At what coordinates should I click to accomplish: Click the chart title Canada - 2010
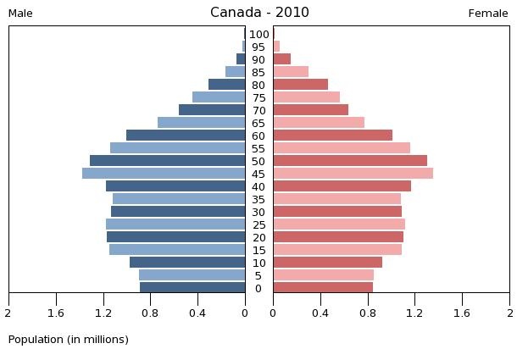pos(259,13)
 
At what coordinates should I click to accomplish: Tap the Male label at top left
pos(20,14)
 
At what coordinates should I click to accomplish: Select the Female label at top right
pos(488,14)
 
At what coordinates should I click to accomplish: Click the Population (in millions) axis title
pos(69,340)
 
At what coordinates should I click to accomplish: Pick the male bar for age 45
pos(164,174)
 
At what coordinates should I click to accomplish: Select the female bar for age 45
pos(353,174)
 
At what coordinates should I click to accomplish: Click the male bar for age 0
pos(192,288)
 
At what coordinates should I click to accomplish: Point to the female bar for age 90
pos(281,59)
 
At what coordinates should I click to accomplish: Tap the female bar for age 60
pos(332,136)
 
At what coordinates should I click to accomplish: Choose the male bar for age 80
pos(226,85)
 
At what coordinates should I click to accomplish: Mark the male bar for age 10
pos(187,263)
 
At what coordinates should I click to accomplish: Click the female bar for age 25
pos(338,224)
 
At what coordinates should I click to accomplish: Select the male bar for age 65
pos(201,123)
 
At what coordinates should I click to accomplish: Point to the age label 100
pos(259,35)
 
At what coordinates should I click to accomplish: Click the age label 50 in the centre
pos(258,162)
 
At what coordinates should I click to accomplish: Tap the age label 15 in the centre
pos(258,251)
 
